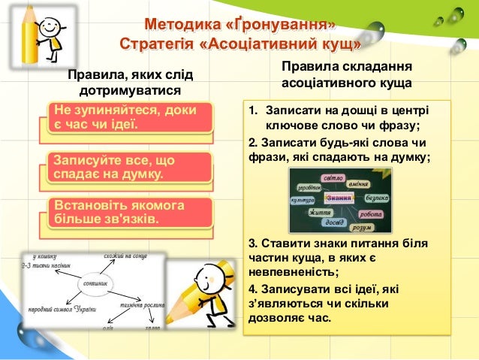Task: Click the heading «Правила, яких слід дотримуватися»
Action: tap(130, 83)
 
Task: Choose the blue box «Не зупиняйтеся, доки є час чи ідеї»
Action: tap(125, 116)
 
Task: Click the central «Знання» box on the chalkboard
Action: tap(341, 198)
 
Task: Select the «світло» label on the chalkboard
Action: tap(332, 179)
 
